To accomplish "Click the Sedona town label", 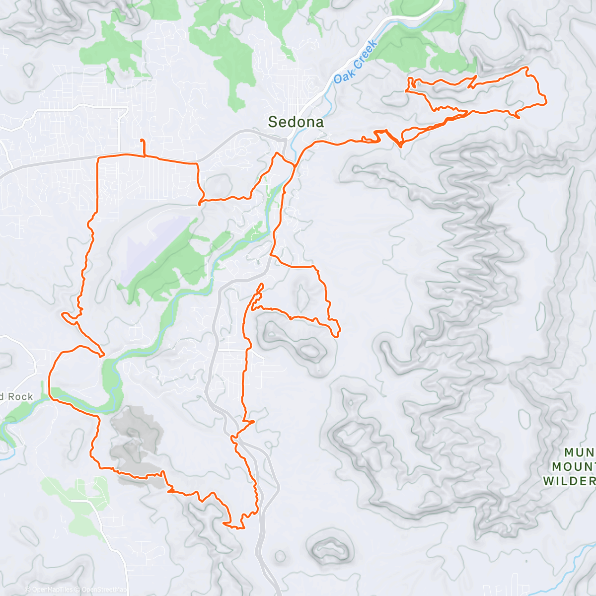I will (x=296, y=122).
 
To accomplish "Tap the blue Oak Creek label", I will (x=356, y=62).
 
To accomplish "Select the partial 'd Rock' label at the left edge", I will (x=16, y=396).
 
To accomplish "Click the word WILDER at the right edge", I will (x=569, y=481).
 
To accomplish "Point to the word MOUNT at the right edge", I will (x=574, y=466).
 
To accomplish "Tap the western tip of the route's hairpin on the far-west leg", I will (x=63, y=314).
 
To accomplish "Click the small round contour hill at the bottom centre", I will (x=328, y=546).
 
